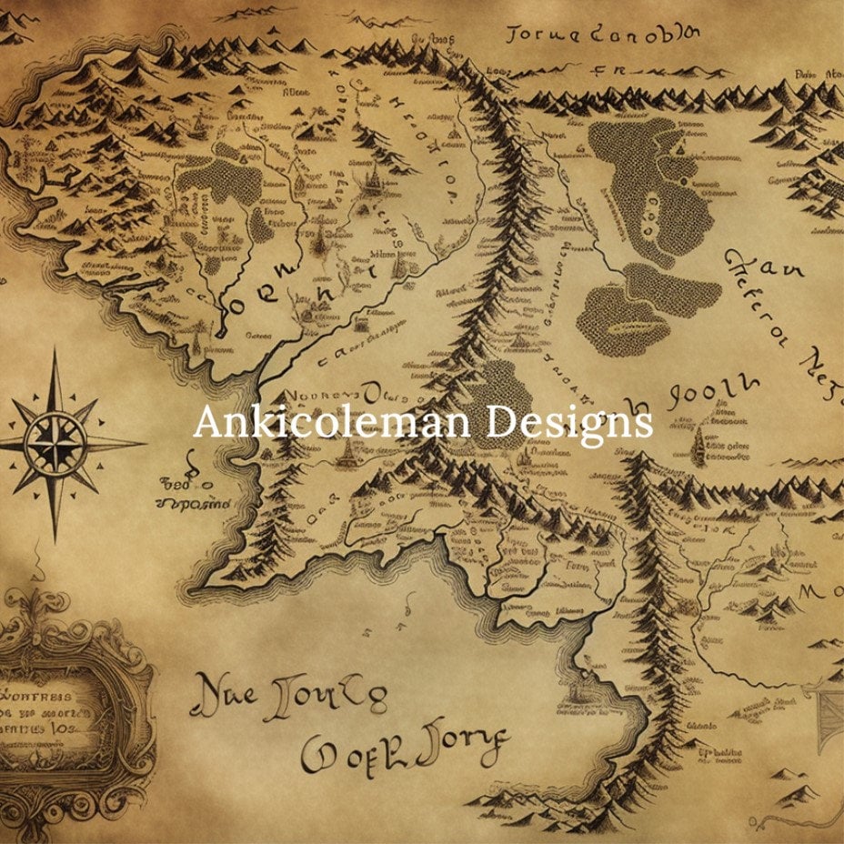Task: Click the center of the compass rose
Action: pyautogui.click(x=55, y=444)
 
